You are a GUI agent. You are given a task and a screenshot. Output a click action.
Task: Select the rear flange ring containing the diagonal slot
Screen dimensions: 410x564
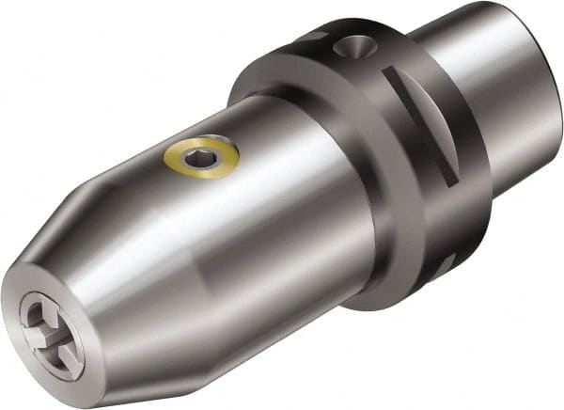coord(432,169)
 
